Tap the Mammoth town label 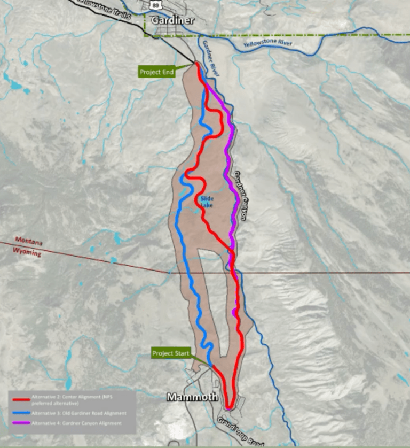pos(192,397)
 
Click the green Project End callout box pos(157,71)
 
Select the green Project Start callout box pos(170,353)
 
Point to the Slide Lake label pos(207,201)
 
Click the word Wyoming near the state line pos(28,252)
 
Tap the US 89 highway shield pos(154,4)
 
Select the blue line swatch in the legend pos(19,413)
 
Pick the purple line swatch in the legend pos(19,423)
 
